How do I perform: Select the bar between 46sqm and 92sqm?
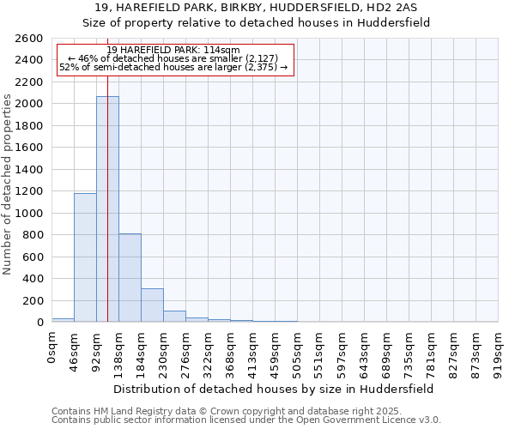(85, 257)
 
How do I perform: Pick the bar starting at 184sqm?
(152, 305)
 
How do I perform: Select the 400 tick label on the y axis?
(34, 279)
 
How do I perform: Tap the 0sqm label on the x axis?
(52, 347)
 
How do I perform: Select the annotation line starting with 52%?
(173, 67)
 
